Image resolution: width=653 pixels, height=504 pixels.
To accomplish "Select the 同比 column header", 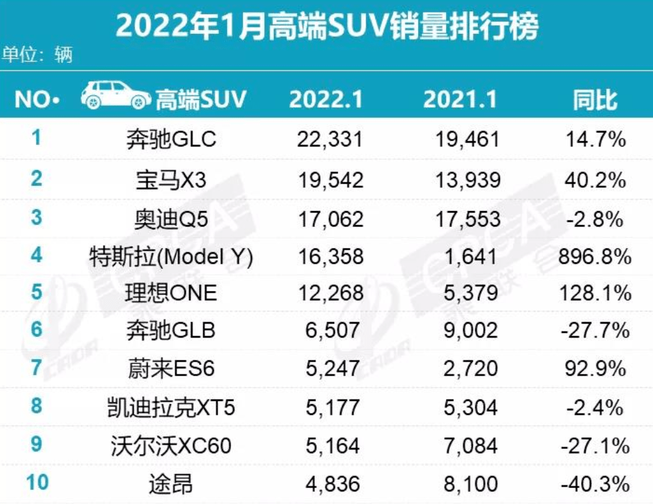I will point(596,100).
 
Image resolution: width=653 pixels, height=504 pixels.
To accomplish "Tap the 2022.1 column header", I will point(326,100).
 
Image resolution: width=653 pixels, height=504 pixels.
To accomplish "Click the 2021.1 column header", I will point(461,100).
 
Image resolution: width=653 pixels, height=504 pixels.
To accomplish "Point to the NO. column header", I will point(37,100).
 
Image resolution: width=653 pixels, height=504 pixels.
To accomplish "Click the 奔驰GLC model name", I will point(172,139).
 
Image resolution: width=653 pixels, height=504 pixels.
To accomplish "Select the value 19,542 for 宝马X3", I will point(331,179).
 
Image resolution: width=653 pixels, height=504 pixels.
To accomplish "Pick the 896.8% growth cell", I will point(594,257).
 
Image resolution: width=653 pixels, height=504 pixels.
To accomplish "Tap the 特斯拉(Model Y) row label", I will point(171,257).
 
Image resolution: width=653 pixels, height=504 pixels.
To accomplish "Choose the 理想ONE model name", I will point(172,293).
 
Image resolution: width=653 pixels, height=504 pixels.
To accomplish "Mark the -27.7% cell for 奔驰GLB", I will point(594,330).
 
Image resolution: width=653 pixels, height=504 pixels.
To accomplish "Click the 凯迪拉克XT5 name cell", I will point(171,406).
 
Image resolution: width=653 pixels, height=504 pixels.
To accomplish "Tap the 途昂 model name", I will point(171,483).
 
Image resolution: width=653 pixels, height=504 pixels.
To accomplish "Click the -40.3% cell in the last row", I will point(594,483).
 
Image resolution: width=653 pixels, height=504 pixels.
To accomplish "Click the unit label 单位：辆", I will point(37,54).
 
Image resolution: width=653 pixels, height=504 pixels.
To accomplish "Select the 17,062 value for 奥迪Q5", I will point(331,218).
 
